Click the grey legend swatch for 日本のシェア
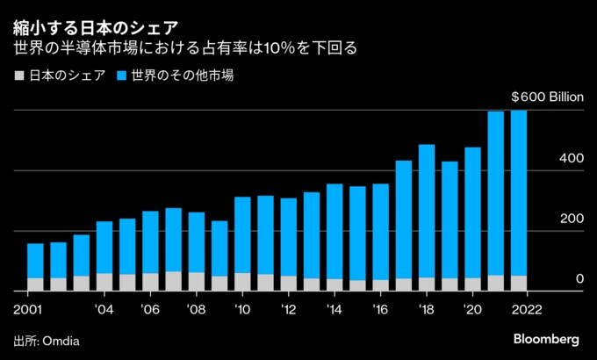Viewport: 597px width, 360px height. (19, 76)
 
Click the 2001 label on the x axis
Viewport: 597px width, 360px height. (29, 309)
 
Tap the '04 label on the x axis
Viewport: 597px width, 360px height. (104, 309)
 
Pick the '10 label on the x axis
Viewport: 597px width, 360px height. (242, 309)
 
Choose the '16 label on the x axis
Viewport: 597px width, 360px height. (380, 309)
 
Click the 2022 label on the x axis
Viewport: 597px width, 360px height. (526, 309)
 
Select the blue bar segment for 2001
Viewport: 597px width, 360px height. (35, 261)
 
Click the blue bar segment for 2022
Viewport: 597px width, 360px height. (519, 193)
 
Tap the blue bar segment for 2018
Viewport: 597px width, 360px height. (427, 211)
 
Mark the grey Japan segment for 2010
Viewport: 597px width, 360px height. (242, 281)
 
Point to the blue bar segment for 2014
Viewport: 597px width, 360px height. (334, 232)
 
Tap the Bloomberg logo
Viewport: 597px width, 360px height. (545, 339)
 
